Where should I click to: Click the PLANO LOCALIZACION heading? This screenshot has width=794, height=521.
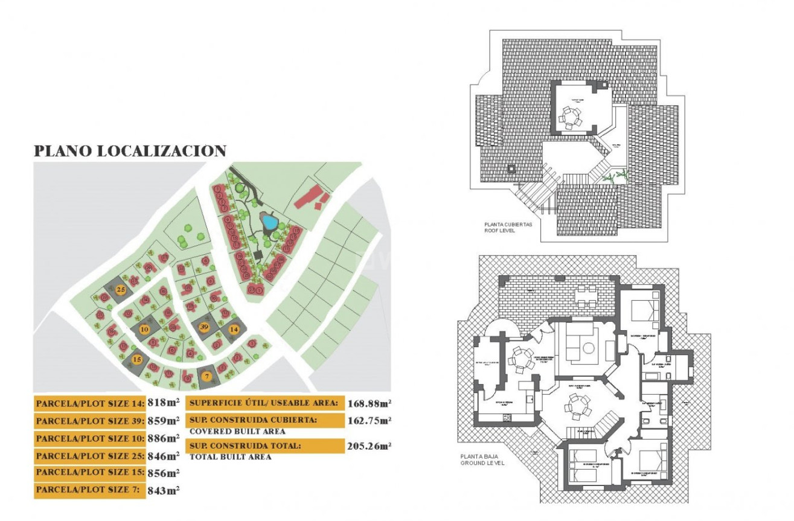click(130, 151)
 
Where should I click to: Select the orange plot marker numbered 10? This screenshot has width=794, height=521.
click(144, 329)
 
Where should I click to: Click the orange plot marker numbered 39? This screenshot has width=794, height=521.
click(204, 327)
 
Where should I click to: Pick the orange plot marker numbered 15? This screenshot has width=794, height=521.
click(137, 359)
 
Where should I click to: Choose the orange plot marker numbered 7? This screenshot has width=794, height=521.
click(207, 377)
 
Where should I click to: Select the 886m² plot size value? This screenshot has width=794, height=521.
click(164, 438)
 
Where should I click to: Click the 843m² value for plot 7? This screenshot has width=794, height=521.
click(164, 490)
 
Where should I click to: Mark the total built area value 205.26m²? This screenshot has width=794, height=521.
click(369, 446)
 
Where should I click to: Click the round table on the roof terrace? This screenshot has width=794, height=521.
click(569, 115)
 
